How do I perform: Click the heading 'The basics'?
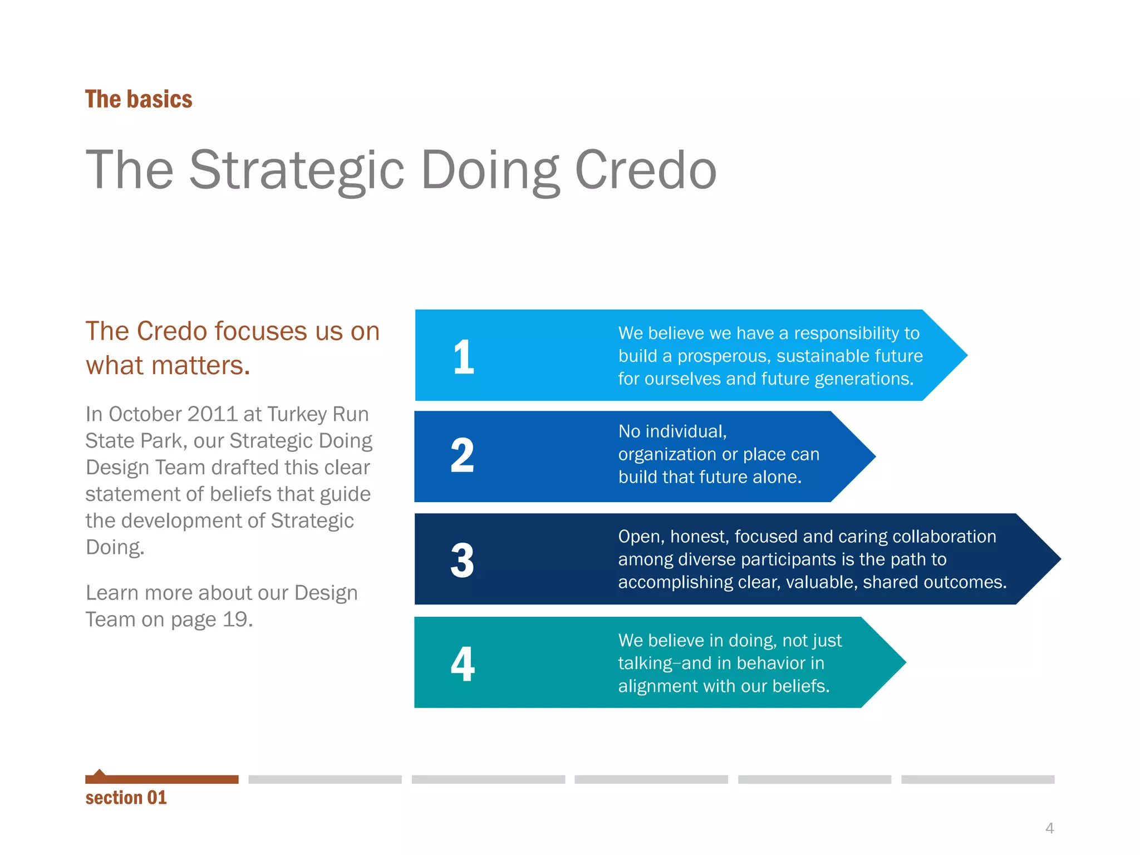[x=139, y=99]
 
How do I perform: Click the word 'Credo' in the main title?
[x=645, y=170]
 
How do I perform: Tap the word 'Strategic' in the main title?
[x=297, y=170]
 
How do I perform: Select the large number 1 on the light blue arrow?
[x=463, y=357]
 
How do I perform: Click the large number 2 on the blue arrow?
[x=462, y=456]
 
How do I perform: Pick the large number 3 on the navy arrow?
[x=462, y=560]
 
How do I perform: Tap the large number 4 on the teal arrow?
[x=463, y=664]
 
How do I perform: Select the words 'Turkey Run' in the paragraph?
[x=318, y=414]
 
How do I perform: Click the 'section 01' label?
[x=126, y=798]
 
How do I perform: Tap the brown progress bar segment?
[x=161, y=779]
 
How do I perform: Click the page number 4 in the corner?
[x=1049, y=828]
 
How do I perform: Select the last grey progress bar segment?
[x=977, y=779]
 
